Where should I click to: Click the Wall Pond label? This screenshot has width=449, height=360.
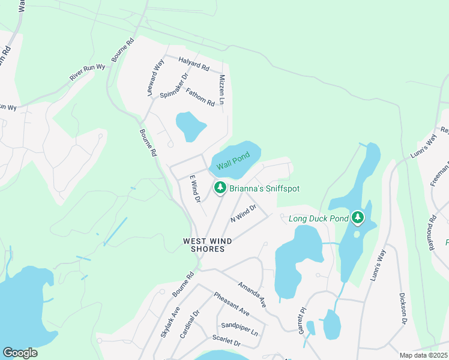233,161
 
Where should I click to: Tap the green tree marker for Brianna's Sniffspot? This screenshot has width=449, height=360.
220,188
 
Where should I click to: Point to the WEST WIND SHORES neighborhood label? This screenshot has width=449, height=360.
207,245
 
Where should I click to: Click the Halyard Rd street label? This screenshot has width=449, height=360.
193,65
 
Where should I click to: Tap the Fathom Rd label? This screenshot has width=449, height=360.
200,97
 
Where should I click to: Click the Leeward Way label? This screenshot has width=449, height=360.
155,78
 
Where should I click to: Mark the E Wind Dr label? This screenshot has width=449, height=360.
194,188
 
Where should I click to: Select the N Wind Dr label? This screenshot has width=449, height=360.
244,214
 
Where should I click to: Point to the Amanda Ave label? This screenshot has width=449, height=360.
252,295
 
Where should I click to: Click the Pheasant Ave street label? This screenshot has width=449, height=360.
232,304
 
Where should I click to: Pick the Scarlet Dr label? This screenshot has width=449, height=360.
226,341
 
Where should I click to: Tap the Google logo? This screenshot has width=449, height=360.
20,353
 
